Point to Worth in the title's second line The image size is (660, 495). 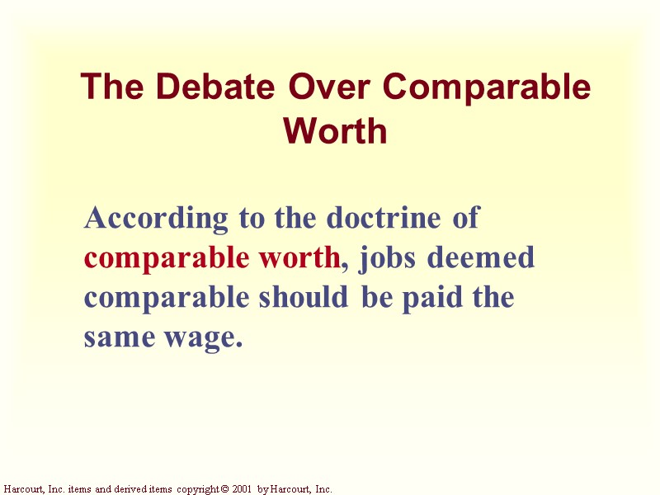click(335, 130)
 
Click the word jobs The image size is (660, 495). click(385, 259)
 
